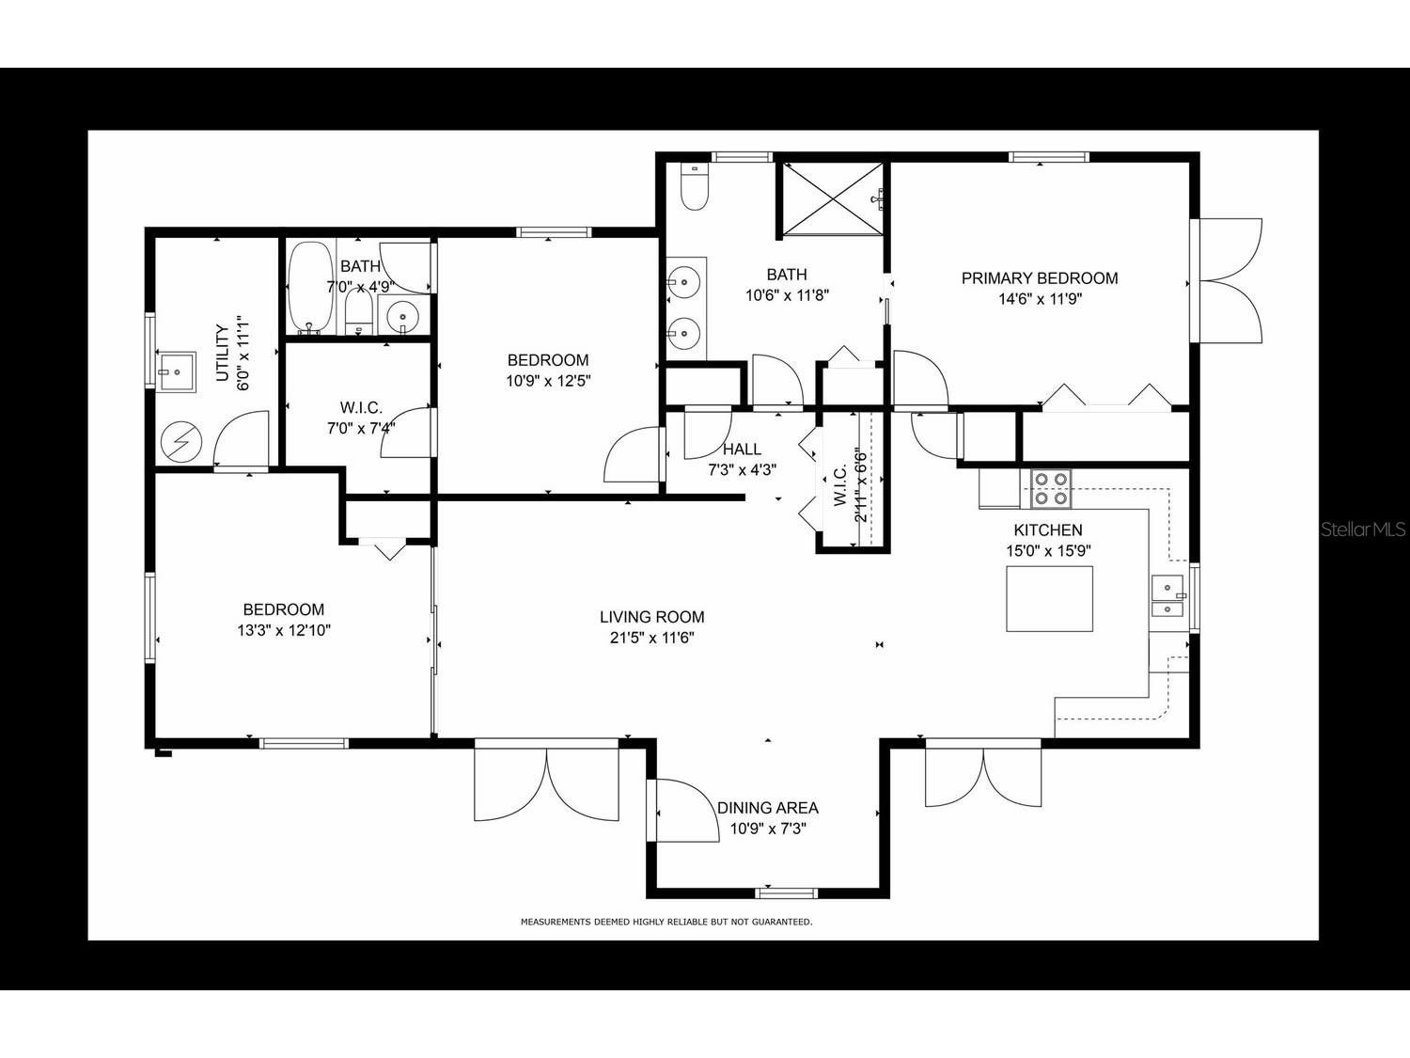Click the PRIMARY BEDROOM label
1039,278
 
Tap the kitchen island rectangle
1049,599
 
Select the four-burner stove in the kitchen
1050,488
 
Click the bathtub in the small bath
309,287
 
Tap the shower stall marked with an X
832,198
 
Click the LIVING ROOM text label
651,618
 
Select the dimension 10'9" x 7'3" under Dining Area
768,829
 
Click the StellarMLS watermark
1363,530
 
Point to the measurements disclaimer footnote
666,923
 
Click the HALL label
742,450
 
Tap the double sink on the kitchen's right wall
1167,599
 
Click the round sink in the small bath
403,316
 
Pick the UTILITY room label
223,353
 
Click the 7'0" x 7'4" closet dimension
360,429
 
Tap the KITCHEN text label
1047,530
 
